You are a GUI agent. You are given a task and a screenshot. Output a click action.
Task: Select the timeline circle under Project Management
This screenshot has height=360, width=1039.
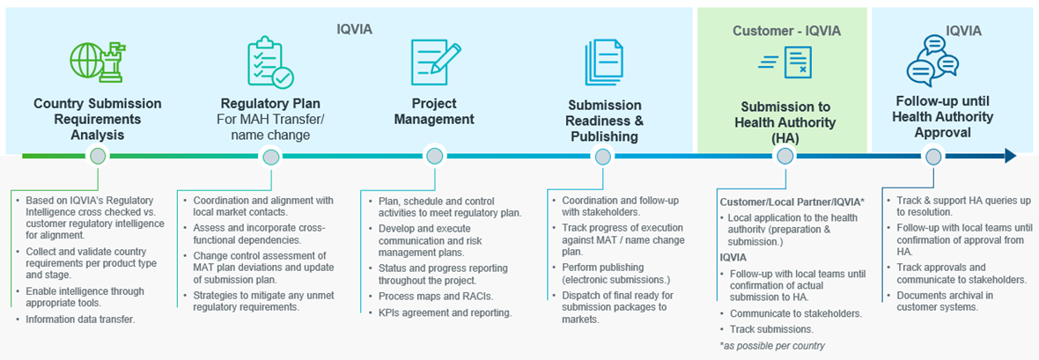tap(434, 157)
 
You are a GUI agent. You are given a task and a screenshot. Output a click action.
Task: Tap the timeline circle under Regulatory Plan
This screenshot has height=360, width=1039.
tap(269, 157)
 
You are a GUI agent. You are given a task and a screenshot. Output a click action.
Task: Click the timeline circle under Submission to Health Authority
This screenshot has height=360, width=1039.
tap(785, 157)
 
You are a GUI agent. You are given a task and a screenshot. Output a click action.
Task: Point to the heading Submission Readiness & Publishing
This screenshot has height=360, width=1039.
tap(604, 121)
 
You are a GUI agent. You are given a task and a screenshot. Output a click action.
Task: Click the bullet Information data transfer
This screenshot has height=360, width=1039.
tap(77, 320)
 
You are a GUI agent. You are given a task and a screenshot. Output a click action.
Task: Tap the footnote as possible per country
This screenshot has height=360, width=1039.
tap(772, 345)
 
